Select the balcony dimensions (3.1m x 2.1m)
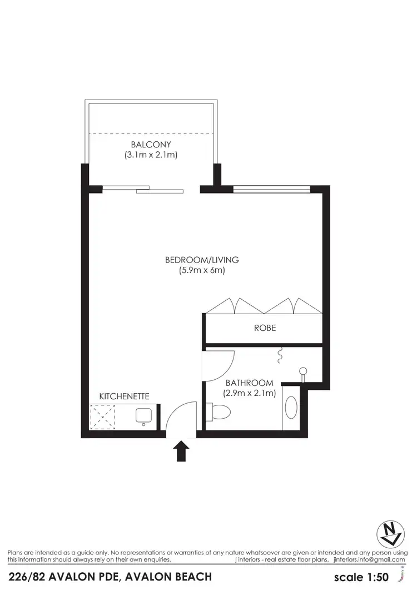tap(151, 155)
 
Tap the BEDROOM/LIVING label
tap(202, 260)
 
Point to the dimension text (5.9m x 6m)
tap(202, 271)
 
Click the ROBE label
tap(265, 328)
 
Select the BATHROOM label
tap(250, 383)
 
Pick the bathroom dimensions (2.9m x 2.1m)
tap(250, 393)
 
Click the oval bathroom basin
tap(291, 408)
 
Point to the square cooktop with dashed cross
tap(102, 417)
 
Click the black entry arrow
tap(182, 451)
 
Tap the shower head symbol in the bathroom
tap(303, 371)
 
